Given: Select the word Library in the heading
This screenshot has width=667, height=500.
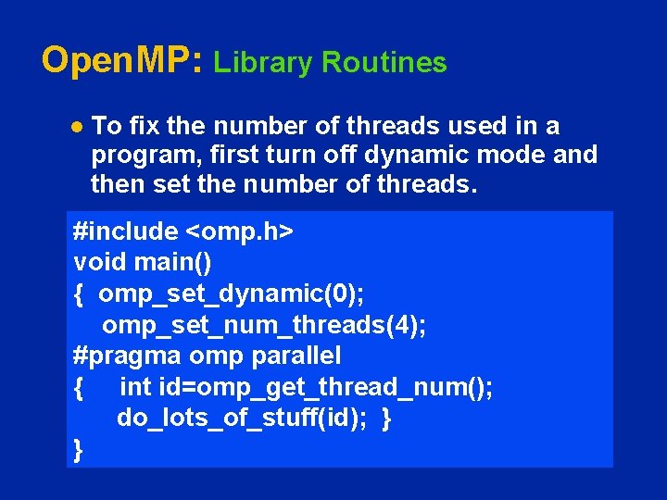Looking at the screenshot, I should point(263,63).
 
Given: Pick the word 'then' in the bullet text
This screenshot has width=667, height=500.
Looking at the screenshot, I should point(117,184).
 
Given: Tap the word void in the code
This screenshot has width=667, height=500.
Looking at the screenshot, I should point(96,263).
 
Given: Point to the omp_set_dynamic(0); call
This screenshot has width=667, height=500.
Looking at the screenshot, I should point(231,294).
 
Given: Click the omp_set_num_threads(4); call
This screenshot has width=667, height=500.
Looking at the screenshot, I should point(264,325).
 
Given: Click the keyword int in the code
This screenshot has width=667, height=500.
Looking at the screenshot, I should point(136,387).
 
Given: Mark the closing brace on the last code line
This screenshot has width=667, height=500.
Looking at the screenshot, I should point(79,450).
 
